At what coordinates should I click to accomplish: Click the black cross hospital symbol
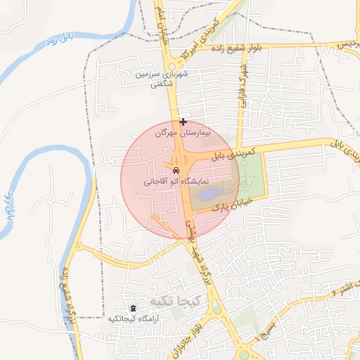pyautogui.click(x=183, y=122)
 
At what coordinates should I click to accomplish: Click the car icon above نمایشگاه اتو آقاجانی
pyautogui.click(x=175, y=170)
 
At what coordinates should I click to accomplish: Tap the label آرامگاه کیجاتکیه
pyautogui.click(x=134, y=319)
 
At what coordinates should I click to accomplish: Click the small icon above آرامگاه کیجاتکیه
pyautogui.click(x=134, y=308)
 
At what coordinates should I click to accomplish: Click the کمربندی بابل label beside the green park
pyautogui.click(x=236, y=155)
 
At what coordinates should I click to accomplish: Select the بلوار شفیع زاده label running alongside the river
pyautogui.click(x=67, y=296)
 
